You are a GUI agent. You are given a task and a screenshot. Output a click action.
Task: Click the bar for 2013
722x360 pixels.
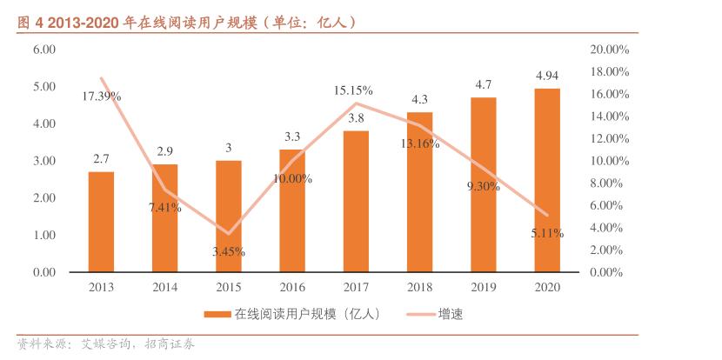tap(101, 222)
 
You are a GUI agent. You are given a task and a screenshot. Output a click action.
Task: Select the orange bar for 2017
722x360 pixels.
tap(356, 202)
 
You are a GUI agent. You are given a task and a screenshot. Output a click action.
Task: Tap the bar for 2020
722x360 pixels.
tap(547, 180)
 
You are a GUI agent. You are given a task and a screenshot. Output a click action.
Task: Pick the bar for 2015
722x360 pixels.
tap(229, 217)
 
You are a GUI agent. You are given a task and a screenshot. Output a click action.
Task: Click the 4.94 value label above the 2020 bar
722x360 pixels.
tap(547, 77)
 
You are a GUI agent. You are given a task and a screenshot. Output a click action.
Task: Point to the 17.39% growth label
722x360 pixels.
tap(102, 96)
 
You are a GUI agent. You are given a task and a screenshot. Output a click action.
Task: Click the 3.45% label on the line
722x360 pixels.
tap(228, 252)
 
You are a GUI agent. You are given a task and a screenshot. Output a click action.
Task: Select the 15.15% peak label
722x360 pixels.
tap(354, 90)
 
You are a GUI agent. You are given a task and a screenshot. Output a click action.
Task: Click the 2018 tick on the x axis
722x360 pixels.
tap(419, 287)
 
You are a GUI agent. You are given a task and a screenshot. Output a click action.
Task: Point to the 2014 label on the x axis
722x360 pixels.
tap(165, 287)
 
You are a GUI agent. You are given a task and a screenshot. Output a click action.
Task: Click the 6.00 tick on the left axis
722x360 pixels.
tap(44, 50)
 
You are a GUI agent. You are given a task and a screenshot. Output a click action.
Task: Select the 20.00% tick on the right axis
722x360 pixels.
tap(609, 50)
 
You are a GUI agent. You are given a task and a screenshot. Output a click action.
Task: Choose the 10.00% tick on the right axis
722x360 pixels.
tap(609, 161)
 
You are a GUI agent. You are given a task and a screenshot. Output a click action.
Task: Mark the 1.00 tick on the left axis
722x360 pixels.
tap(44, 236)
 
